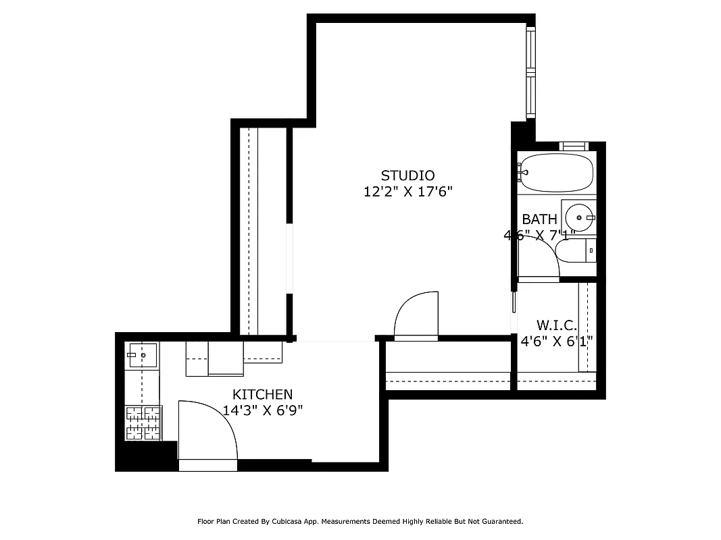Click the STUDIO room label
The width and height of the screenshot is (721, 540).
(x=407, y=175)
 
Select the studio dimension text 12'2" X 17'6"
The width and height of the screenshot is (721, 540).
(x=407, y=192)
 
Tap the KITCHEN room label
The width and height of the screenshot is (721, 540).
(x=262, y=394)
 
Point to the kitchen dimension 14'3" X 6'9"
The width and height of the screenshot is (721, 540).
(x=262, y=410)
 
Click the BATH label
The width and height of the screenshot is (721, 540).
(x=539, y=219)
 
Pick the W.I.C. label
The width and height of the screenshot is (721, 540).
(x=557, y=325)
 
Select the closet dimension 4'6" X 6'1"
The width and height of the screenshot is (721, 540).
(x=556, y=342)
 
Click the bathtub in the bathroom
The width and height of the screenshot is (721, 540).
(x=556, y=173)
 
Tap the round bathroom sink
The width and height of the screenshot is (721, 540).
(x=579, y=217)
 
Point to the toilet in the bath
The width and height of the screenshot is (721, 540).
(x=574, y=251)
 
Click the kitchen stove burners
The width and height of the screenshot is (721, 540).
(x=143, y=423)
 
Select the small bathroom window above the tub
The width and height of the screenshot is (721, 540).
(x=574, y=146)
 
